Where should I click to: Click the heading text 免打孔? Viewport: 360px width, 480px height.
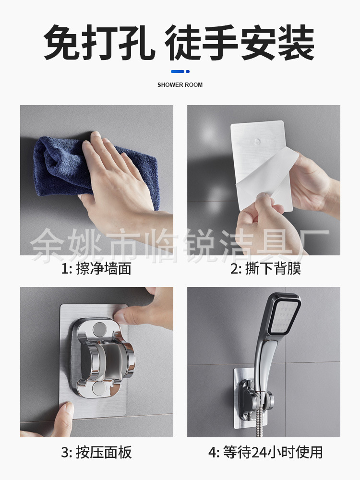(x=99, y=42)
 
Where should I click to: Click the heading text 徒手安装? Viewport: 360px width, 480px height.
(x=240, y=42)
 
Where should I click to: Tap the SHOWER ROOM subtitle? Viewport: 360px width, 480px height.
(x=180, y=85)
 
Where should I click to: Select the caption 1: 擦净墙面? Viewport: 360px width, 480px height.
(x=96, y=268)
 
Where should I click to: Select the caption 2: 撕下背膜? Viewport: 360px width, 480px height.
(x=266, y=268)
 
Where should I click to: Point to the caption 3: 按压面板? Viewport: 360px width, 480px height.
(x=96, y=452)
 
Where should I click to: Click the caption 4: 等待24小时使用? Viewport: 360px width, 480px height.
(x=266, y=452)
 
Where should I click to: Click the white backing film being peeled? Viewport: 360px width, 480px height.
(x=266, y=178)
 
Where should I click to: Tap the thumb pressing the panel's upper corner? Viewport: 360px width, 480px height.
(x=144, y=309)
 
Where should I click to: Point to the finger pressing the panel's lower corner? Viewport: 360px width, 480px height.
(x=61, y=420)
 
